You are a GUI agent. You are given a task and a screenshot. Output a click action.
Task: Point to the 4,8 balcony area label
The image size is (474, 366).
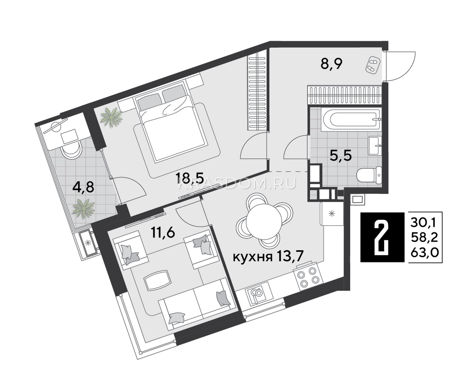(83, 187)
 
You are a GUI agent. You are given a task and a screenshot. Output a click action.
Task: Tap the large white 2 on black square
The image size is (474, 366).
(382, 237)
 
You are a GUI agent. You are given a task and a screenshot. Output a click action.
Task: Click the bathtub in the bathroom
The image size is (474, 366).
(351, 119)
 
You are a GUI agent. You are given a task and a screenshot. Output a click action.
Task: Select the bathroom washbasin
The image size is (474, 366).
(375, 145)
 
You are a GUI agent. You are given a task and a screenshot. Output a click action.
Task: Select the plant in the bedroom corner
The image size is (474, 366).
(111, 117)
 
